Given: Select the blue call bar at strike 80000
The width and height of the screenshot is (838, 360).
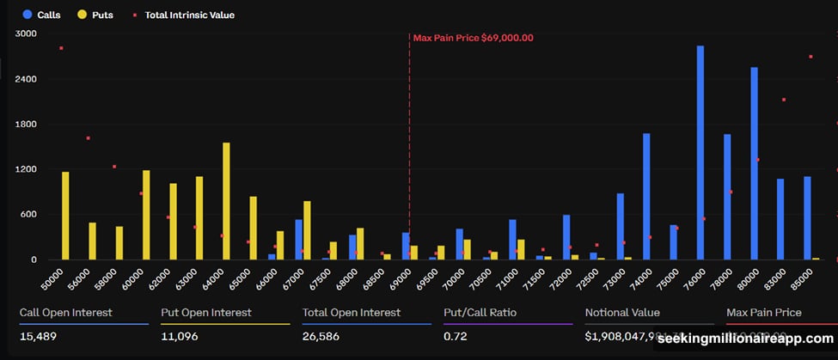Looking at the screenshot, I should coord(754,163).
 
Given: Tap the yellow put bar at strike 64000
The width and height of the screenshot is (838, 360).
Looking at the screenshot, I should coord(226,201).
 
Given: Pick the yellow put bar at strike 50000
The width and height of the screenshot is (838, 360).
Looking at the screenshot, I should coord(65,216).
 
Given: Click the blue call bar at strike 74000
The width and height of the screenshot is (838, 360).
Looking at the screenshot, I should coord(646,197).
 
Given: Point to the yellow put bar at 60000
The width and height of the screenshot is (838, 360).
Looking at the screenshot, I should coord(146,215).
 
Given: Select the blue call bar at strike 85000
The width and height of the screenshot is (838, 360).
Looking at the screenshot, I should coord(807,218).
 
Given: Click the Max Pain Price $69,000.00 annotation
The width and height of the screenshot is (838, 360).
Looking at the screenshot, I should coord(473,38).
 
